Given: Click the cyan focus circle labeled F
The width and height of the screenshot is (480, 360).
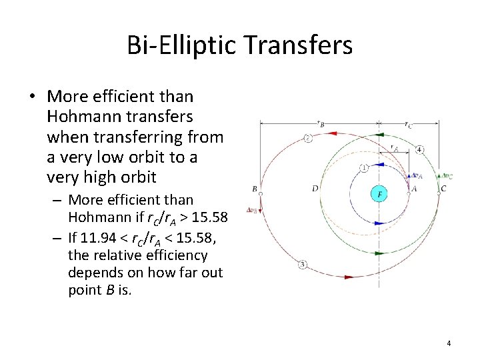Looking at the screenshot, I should (x=379, y=194).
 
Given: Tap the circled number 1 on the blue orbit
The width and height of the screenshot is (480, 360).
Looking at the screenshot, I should (x=363, y=167).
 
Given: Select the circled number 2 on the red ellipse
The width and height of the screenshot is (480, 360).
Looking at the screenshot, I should (x=307, y=138).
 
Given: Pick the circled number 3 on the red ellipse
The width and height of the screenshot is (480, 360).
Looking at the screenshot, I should (x=303, y=265).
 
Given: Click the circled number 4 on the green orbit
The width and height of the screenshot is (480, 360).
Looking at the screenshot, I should (x=419, y=149).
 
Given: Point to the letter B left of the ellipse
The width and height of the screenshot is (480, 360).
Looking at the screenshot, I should (x=254, y=189).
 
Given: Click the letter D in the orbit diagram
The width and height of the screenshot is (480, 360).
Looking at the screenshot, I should (x=315, y=189).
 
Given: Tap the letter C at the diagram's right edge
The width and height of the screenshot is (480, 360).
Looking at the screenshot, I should (x=443, y=189).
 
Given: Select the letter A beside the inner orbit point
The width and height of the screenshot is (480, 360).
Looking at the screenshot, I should (x=414, y=189).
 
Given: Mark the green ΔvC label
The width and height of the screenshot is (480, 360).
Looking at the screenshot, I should (x=447, y=176).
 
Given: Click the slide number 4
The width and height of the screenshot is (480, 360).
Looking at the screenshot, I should (x=449, y=343).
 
